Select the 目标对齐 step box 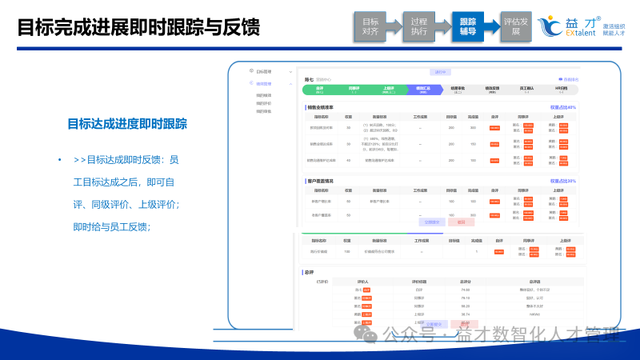tap(370, 27)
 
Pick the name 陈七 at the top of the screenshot tap(310, 79)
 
